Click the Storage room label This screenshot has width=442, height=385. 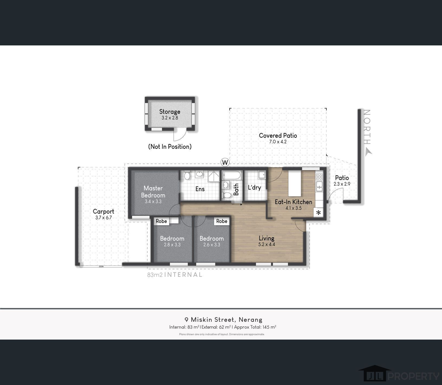click(170, 112)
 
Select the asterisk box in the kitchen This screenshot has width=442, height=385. click(318, 213)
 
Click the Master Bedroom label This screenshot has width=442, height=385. click(153, 192)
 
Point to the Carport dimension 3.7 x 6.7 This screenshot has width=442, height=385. click(103, 218)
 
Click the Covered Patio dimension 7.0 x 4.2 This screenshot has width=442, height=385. click(278, 142)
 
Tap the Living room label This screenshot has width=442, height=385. click(266, 238)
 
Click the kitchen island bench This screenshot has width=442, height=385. click(295, 183)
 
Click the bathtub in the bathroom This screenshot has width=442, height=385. click(232, 175)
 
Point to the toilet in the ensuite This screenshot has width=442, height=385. click(187, 176)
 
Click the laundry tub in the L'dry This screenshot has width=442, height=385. click(262, 175)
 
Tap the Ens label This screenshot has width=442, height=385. click(200, 189)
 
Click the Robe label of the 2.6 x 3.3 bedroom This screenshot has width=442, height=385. click(222, 221)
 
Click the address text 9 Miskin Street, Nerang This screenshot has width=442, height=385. click(223, 320)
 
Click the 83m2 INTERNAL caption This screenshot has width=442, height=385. click(175, 275)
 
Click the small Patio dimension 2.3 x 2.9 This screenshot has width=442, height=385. click(342, 184)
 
